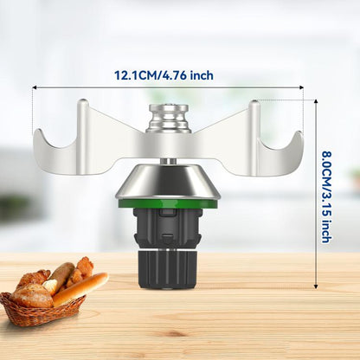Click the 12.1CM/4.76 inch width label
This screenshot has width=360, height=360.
164,75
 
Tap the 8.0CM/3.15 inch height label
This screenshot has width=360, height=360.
325,196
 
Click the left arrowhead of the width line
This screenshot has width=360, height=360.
34,87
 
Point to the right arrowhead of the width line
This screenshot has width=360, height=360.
302,87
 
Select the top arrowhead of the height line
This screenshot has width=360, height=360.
316,101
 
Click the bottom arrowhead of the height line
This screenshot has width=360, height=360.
316,286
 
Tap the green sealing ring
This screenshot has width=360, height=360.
168,203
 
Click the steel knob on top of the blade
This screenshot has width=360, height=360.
169,119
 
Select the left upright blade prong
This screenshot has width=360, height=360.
83,136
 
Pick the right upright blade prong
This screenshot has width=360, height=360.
254,137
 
